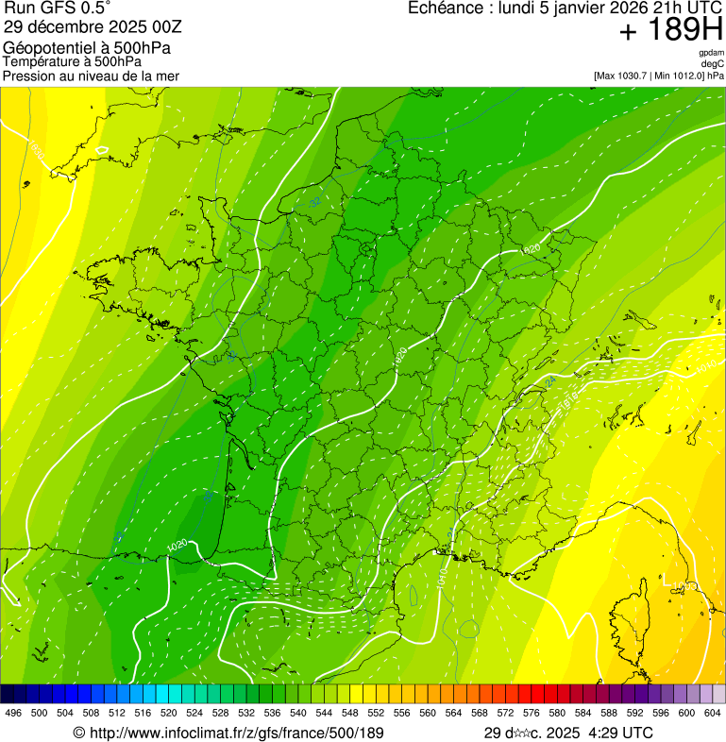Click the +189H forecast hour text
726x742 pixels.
coord(671,30)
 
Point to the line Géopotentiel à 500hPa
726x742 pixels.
coord(87,48)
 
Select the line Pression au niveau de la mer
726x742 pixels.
coord(91,76)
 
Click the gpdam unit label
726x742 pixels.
coord(711,53)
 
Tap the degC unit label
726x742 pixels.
coord(713,63)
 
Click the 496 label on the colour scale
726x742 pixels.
coord(13,714)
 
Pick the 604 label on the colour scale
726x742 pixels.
coord(713,714)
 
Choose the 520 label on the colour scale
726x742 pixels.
coord(168,714)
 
